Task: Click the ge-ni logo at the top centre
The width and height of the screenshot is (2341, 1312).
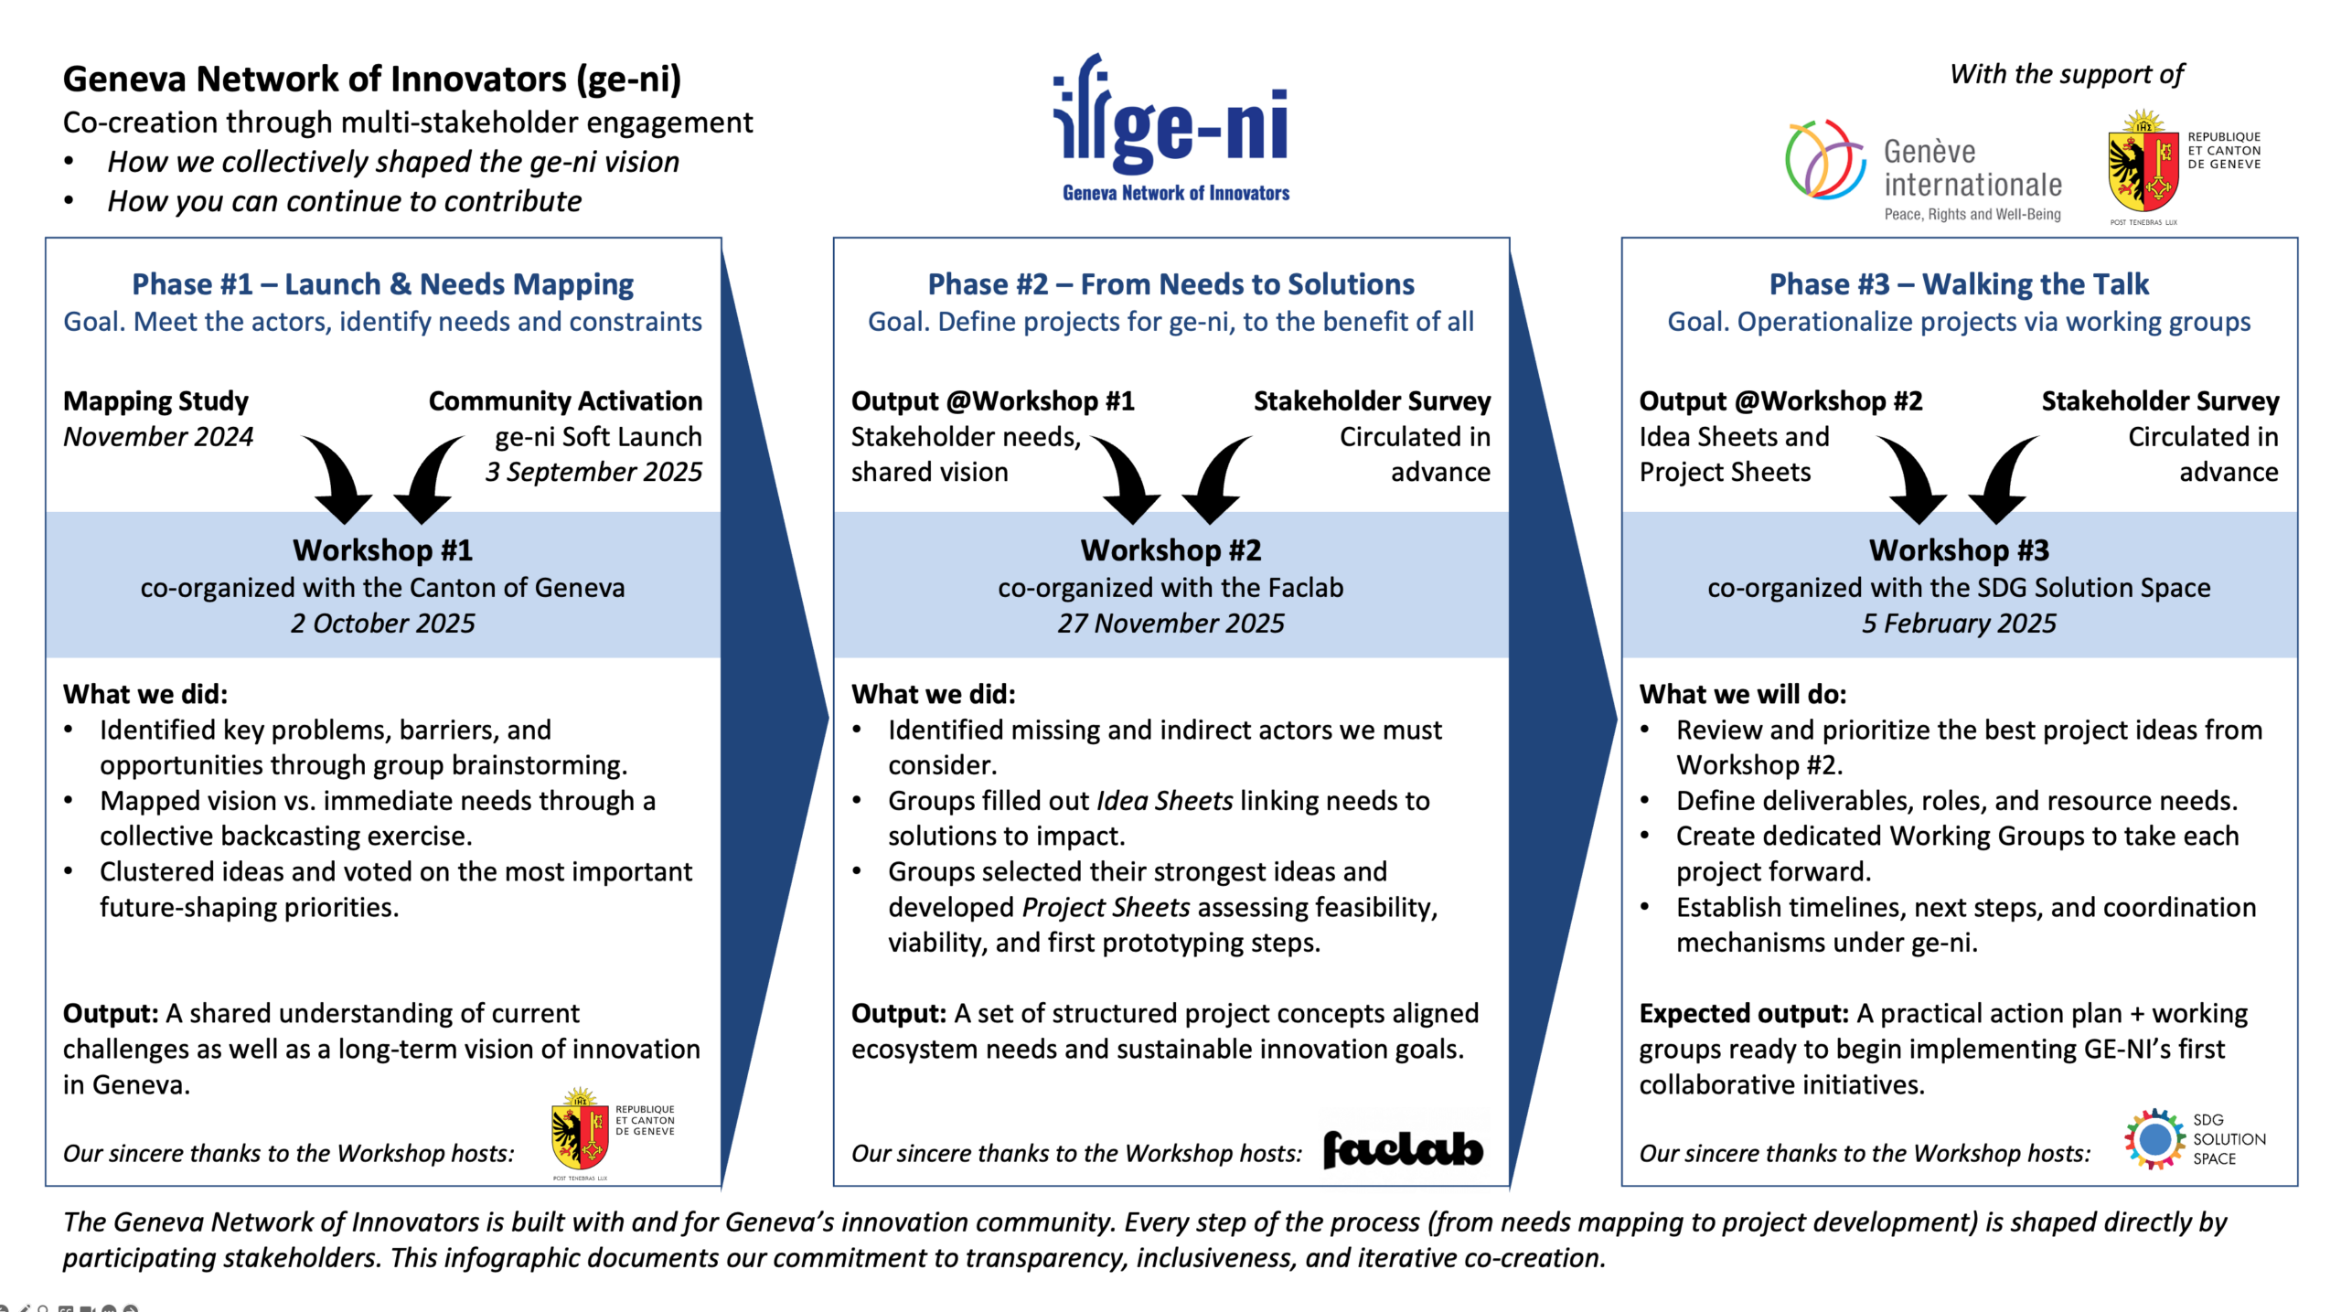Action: [1172, 128]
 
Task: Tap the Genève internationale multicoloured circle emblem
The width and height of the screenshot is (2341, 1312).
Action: [1824, 160]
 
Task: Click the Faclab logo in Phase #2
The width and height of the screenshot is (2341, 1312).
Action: [1403, 1149]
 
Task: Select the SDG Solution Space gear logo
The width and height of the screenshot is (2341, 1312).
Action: [2154, 1139]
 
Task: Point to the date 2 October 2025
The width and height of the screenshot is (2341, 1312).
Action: [382, 624]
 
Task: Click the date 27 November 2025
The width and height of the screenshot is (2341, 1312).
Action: [1170, 624]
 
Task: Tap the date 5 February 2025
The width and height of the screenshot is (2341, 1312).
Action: [1959, 624]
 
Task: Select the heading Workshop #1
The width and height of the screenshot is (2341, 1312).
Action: [382, 550]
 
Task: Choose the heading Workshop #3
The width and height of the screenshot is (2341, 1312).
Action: [1959, 550]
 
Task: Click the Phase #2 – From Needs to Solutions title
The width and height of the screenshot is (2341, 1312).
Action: [1170, 284]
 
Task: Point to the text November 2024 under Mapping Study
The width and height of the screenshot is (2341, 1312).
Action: [158, 437]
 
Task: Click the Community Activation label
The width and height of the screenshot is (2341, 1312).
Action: [565, 401]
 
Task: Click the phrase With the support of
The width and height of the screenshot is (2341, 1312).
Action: [2066, 74]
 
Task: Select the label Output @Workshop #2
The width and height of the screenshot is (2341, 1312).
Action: [1780, 401]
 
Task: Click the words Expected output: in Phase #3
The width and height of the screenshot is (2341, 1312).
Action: [1744, 1014]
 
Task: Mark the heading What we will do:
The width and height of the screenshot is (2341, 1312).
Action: [1742, 695]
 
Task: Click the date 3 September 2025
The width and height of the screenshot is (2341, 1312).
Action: [593, 473]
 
